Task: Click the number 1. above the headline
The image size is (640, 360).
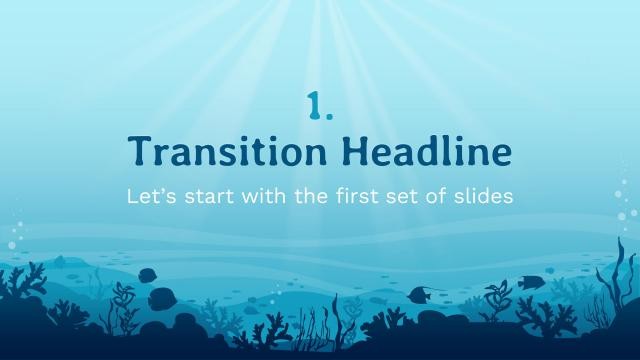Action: coord(319,105)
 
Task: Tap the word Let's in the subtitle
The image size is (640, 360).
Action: coord(148,196)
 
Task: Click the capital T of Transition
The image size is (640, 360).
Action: coord(140,152)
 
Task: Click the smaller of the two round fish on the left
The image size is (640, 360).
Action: coord(146,274)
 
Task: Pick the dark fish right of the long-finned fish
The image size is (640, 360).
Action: coord(529,281)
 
